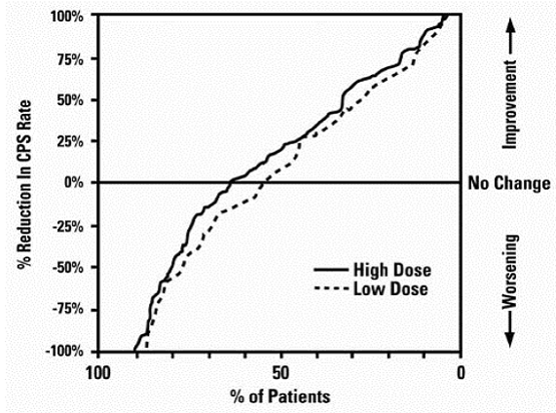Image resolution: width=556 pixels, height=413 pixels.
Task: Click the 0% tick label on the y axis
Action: (x=76, y=183)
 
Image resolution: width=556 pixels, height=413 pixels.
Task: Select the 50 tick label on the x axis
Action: (x=279, y=371)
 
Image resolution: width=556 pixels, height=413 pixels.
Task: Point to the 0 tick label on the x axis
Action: (x=461, y=371)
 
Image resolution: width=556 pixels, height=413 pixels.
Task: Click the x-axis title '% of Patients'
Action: (x=279, y=396)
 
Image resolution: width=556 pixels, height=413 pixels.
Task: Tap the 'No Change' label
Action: (x=508, y=183)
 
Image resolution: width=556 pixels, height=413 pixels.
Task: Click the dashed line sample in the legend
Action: (x=334, y=288)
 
